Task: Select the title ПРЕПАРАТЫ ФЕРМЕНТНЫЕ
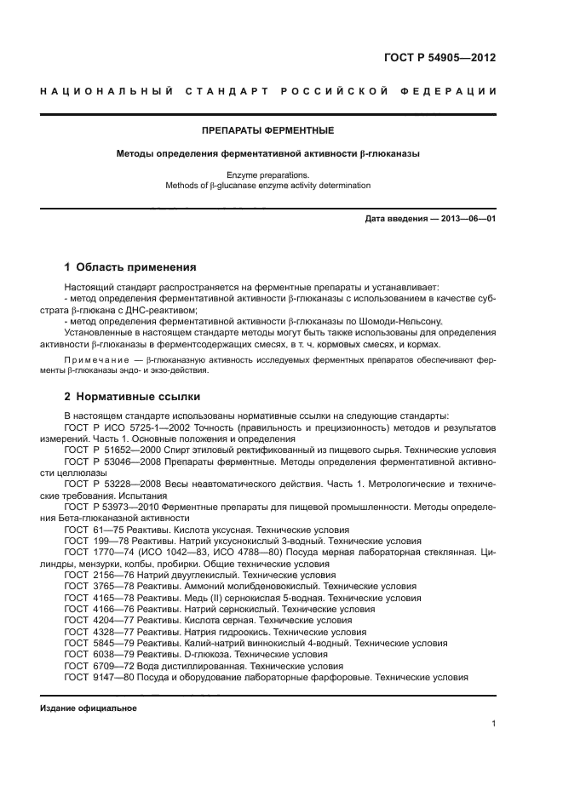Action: point(267,131)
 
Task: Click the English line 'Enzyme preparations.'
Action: point(267,175)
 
